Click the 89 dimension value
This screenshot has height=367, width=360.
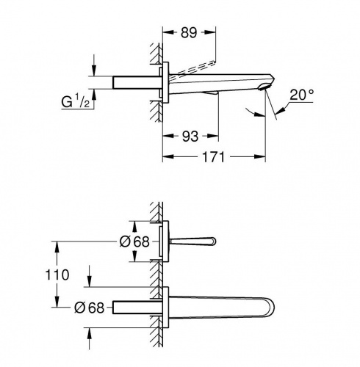click(189, 32)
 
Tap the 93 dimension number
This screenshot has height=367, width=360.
click(190, 137)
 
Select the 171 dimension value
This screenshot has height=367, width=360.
click(213, 157)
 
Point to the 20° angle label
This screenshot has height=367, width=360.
click(301, 95)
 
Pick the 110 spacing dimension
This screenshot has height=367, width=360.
click(57, 275)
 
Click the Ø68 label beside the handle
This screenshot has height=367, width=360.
click(134, 241)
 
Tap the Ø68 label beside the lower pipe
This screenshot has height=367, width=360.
click(89, 308)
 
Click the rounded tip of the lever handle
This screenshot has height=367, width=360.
click(214, 241)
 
